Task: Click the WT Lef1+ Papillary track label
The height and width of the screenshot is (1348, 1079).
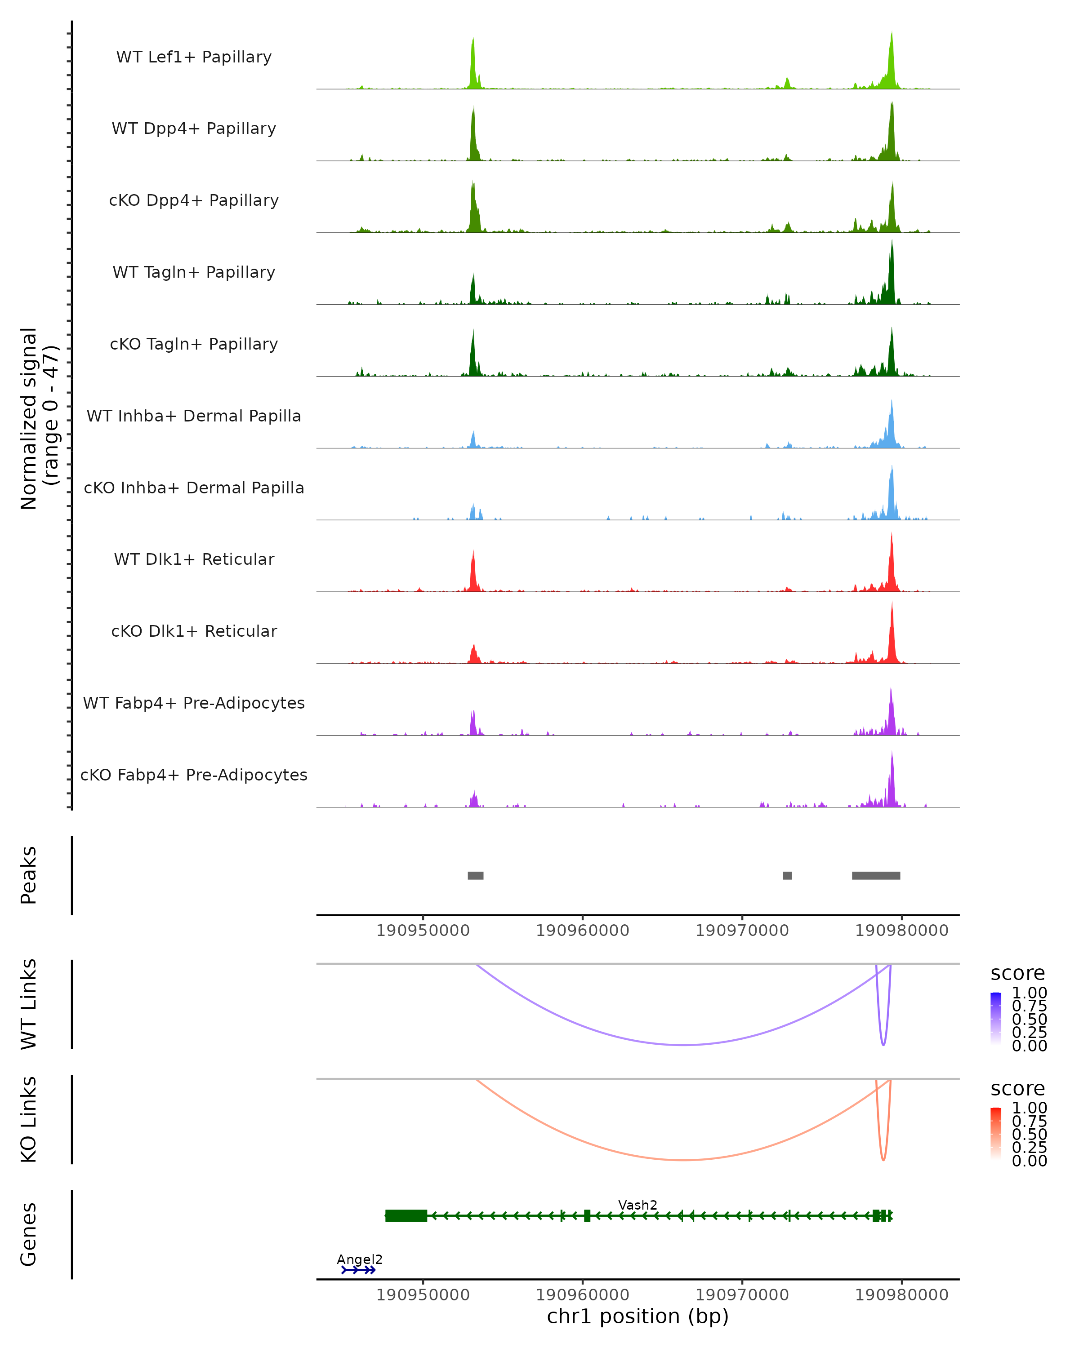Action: click(194, 57)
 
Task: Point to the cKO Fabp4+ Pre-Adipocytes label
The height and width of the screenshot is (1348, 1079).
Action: click(194, 775)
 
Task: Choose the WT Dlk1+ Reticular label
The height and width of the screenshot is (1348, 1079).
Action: click(194, 559)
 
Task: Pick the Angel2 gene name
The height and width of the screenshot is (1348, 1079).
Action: click(359, 1259)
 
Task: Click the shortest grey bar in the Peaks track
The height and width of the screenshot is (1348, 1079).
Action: click(787, 875)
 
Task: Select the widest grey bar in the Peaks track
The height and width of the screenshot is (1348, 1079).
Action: click(876, 875)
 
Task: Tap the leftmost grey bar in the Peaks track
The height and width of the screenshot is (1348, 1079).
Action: click(475, 875)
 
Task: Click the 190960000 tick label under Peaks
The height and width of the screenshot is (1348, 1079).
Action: click(582, 931)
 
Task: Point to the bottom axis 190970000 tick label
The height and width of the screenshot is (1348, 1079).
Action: click(742, 1295)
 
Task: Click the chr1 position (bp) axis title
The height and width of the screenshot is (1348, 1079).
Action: click(638, 1317)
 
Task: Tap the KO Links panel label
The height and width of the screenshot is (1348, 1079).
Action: click(29, 1119)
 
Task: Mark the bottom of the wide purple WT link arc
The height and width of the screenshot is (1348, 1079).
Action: click(684, 1045)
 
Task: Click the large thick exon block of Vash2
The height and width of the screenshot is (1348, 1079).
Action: click(406, 1215)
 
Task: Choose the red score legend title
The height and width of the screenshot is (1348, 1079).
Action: click(1017, 1089)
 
